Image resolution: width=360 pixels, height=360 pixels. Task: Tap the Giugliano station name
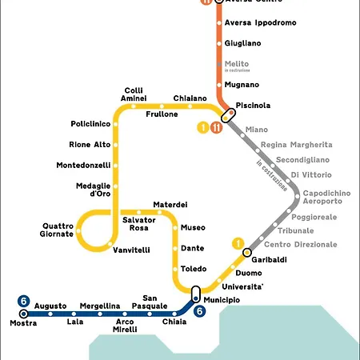coord(243,44)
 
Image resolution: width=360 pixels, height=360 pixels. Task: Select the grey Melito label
coord(237,64)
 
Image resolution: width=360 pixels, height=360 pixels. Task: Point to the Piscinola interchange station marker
coord(227,114)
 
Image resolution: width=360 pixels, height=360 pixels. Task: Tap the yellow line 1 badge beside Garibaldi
coord(238,243)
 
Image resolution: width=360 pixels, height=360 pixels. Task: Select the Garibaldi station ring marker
coord(247,254)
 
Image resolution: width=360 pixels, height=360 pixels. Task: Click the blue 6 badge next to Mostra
coord(24,301)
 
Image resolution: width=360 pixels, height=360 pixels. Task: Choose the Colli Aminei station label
coord(134,94)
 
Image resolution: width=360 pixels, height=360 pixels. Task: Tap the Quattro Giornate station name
coord(58,230)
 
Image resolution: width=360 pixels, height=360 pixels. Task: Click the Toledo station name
coord(194,269)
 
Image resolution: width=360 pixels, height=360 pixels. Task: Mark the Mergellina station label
coord(99,306)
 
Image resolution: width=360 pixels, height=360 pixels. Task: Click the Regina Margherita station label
coord(296,145)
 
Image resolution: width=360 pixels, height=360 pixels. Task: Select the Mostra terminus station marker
coord(23,314)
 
